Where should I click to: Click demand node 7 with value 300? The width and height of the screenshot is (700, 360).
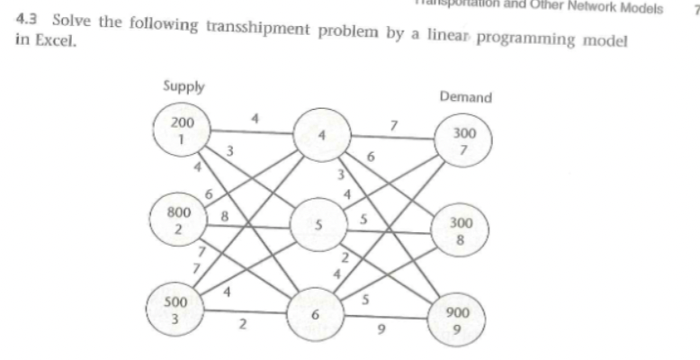coord(464,141)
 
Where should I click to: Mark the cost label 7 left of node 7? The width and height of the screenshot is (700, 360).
coord(393,123)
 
